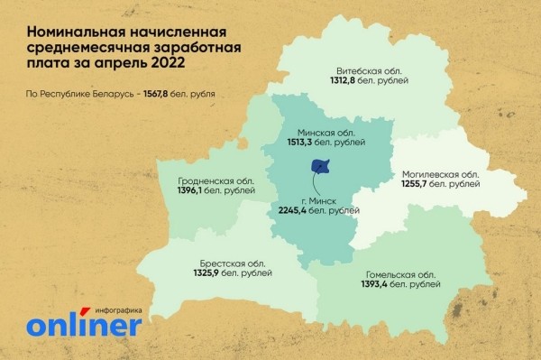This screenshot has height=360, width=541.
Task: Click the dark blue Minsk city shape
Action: pos(320,167)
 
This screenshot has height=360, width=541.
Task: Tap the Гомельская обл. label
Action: pos(402,274)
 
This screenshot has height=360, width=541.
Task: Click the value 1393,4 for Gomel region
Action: pos(381,286)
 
